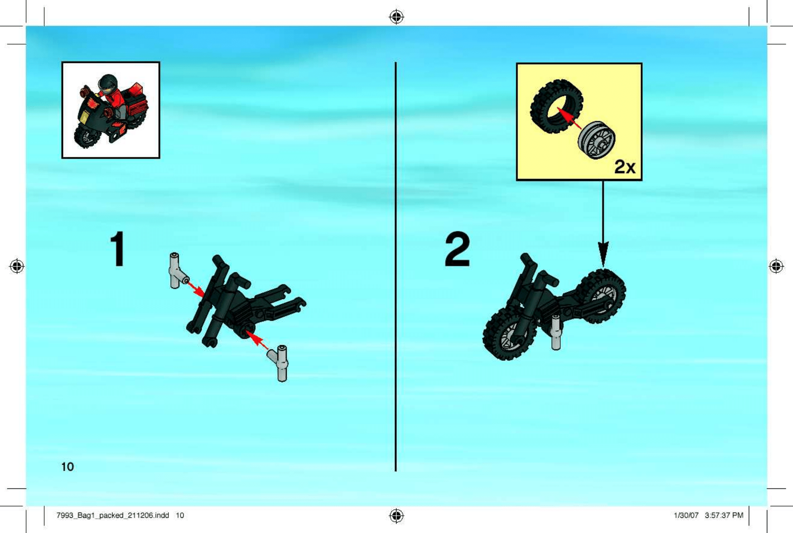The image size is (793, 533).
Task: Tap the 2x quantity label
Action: pyautogui.click(x=625, y=167)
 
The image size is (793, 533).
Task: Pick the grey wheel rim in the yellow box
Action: pyautogui.click(x=597, y=140)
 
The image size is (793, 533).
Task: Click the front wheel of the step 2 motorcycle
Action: pyautogui.click(x=509, y=333)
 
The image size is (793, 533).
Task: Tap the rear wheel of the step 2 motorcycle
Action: pyautogui.click(x=601, y=296)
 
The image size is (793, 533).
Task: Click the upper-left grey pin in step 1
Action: pyautogui.click(x=177, y=271)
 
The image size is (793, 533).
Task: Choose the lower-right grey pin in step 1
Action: pyautogui.click(x=280, y=363)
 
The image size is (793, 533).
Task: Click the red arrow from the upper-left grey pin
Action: pyautogui.click(x=196, y=289)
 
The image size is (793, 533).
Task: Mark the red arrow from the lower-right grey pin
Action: pyautogui.click(x=257, y=340)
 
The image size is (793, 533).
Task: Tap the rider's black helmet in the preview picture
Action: pyautogui.click(x=107, y=83)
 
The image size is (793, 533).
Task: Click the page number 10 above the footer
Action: pyautogui.click(x=67, y=467)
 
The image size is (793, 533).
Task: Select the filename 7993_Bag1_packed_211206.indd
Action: pyautogui.click(x=112, y=515)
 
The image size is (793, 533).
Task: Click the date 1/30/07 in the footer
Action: pyautogui.click(x=686, y=515)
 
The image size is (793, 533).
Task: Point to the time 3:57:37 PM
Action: pyautogui.click(x=724, y=515)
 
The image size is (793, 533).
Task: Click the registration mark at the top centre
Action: pyautogui.click(x=396, y=17)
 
